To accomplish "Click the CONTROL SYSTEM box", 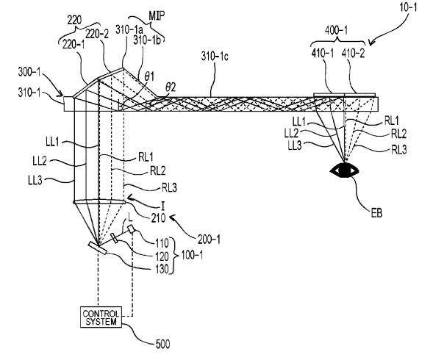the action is click(x=101, y=317).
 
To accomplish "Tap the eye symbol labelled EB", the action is click(x=345, y=170).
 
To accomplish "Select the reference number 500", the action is click(x=163, y=345).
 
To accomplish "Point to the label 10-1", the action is click(x=408, y=7).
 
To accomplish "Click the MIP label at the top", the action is click(x=157, y=15).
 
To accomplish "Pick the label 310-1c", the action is click(x=215, y=56).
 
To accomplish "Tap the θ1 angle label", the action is click(x=149, y=76).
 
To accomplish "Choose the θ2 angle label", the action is click(x=171, y=87).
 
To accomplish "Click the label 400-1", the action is click(x=336, y=30).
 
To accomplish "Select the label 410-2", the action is click(x=353, y=53).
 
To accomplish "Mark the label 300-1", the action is click(x=29, y=72).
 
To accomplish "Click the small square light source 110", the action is click(x=132, y=229).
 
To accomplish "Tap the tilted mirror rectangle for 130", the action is click(x=98, y=248).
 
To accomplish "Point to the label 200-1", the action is click(x=209, y=239).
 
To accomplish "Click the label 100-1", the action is click(x=192, y=255).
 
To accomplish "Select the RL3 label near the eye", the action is click(x=399, y=150).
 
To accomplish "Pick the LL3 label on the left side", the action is click(x=35, y=180).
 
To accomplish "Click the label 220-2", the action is click(x=96, y=35).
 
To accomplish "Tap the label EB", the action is click(x=377, y=213).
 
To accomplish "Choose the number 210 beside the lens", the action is click(x=159, y=218).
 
